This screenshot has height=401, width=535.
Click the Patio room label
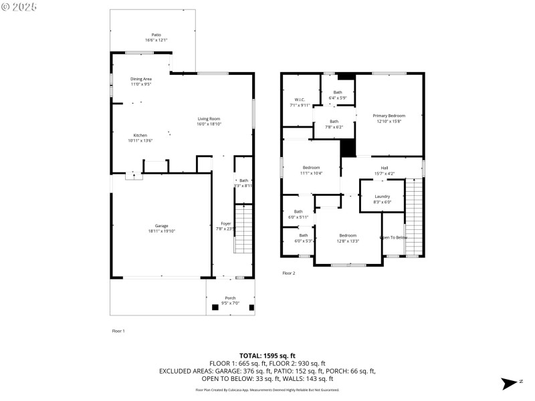click(x=156, y=35)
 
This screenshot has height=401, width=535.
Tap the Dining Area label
click(x=140, y=79)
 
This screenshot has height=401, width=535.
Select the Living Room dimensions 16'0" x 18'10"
click(x=209, y=124)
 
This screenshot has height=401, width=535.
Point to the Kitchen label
click(x=140, y=135)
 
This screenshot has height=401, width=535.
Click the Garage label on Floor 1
click(x=162, y=226)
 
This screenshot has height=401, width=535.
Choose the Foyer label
click(x=226, y=223)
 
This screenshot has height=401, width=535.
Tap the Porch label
click(x=230, y=297)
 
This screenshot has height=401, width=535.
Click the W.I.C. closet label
click(x=300, y=100)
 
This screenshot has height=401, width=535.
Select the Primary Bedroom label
click(x=389, y=116)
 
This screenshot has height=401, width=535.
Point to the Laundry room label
click(x=382, y=196)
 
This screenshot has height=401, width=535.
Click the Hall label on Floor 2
click(x=385, y=168)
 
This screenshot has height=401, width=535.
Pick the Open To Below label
click(x=393, y=237)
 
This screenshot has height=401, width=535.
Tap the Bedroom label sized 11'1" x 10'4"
click(x=311, y=168)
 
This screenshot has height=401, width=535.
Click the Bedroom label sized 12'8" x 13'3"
click(x=348, y=235)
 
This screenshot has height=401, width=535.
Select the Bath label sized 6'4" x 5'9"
click(x=338, y=92)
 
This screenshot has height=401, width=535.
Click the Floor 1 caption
click(x=118, y=331)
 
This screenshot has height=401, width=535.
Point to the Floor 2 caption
click(x=288, y=273)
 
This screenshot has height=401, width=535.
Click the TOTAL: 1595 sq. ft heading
click(x=267, y=356)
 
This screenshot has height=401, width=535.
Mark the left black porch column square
click(x=215, y=307)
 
